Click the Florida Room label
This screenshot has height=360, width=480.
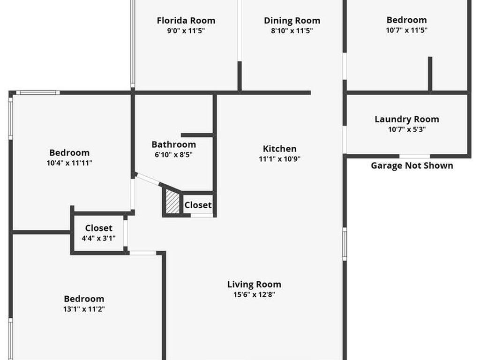click(186, 21)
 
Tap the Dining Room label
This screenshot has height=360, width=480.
click(292, 21)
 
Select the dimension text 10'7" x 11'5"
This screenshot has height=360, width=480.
click(406, 30)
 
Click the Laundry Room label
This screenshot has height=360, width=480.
click(407, 119)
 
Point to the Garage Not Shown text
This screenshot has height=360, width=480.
click(412, 165)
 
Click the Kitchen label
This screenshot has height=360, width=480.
click(279, 149)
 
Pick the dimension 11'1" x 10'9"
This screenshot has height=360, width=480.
click(279, 159)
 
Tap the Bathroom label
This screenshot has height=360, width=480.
click(173, 144)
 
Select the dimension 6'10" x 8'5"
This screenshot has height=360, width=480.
click(173, 155)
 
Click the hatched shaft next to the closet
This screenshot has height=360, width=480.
click(172, 202)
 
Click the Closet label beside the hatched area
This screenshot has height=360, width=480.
click(198, 205)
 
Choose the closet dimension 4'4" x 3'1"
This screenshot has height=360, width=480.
click(98, 238)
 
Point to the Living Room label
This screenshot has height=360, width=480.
click(254, 285)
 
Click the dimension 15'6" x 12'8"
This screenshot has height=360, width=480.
click(254, 294)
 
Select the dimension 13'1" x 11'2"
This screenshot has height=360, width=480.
click(84, 309)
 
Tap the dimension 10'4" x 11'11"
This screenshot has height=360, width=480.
click(69, 163)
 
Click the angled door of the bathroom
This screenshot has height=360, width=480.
click(147, 180)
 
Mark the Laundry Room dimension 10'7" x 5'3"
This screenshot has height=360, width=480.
click(407, 129)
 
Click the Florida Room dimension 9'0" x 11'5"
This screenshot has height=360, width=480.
click(186, 30)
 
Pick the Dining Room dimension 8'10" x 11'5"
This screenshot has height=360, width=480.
click(292, 30)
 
